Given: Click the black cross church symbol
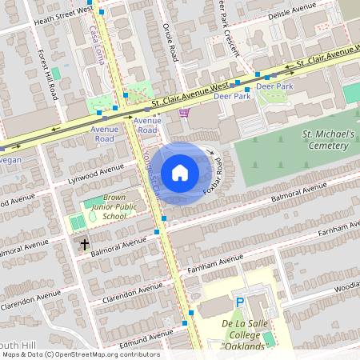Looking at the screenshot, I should [x=85, y=243].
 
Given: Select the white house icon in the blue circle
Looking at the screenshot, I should [x=180, y=172].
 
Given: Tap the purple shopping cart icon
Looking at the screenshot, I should [x=185, y=114].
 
